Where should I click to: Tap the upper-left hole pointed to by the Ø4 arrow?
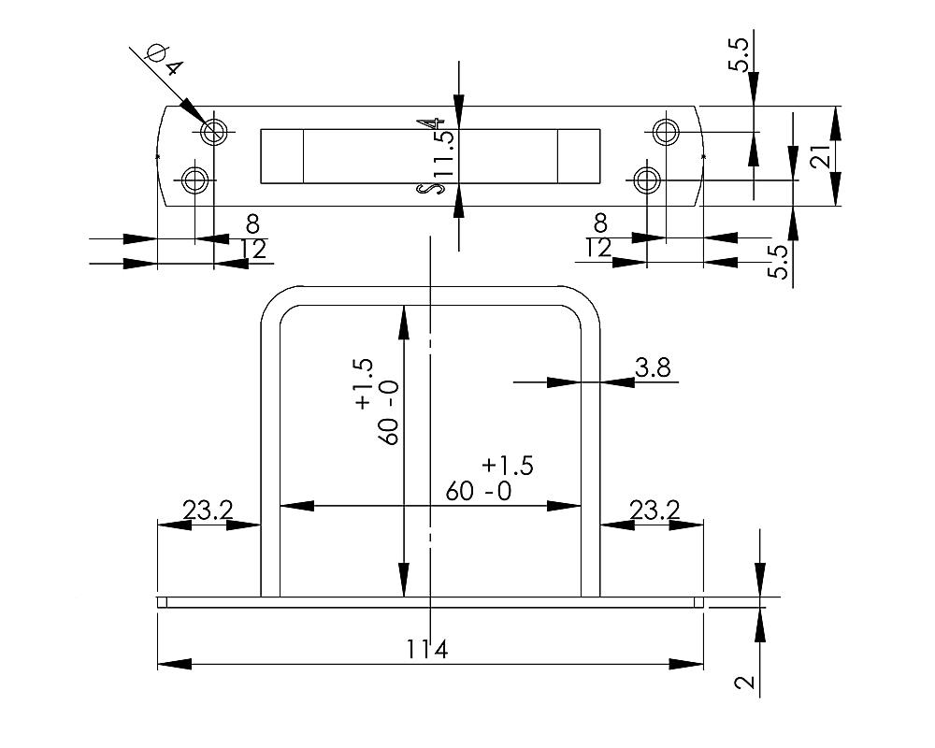tap(215, 131)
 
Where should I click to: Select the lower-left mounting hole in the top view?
tap(195, 180)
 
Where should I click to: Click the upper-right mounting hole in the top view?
tap(665, 131)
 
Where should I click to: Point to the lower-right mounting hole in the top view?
tap(646, 179)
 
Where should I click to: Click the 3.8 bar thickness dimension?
tap(652, 368)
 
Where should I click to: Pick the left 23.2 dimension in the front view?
tap(208, 511)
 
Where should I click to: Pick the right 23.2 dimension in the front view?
tap(654, 511)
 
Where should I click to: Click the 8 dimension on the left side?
tap(252, 224)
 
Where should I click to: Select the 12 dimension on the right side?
tap(597, 248)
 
